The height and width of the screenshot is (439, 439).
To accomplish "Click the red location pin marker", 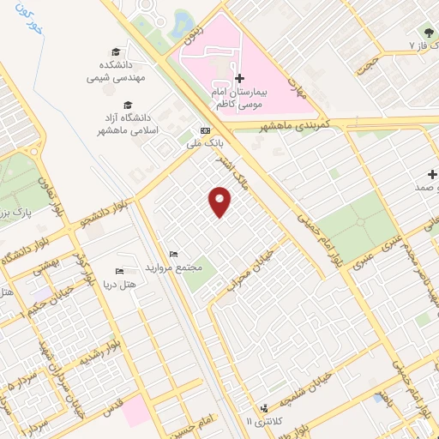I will pos(221,201).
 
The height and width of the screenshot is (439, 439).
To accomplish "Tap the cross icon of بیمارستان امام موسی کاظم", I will pos(239,78).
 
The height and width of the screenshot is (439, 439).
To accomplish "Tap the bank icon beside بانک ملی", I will pos(203,129).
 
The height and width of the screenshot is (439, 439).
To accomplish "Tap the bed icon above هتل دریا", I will pos(118,271).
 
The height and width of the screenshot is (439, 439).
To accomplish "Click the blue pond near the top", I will pos(181,23).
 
